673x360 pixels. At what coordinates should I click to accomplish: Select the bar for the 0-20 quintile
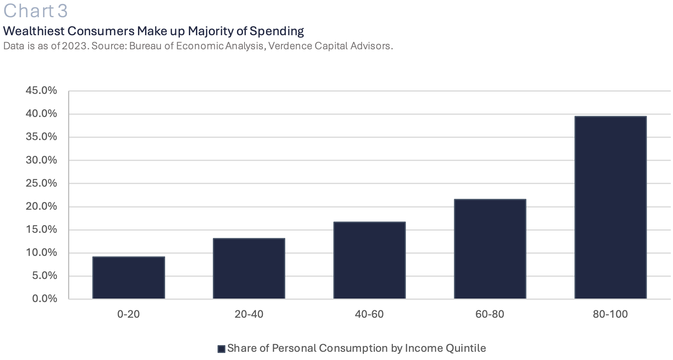(x=128, y=278)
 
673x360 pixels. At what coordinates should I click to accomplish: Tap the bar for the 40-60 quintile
(x=369, y=260)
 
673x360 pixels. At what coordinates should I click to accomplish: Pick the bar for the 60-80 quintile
(x=490, y=249)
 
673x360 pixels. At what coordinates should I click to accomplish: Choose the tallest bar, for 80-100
(x=610, y=207)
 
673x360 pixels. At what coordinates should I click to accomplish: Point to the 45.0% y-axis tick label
(x=41, y=90)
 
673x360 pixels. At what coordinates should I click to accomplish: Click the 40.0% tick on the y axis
(x=41, y=113)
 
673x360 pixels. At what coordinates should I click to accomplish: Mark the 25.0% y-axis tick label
(x=41, y=183)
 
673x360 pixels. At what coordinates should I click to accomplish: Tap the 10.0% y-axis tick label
(x=41, y=252)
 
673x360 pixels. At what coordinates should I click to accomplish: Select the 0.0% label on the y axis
(x=45, y=299)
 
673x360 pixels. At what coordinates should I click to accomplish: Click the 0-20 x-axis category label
(x=128, y=314)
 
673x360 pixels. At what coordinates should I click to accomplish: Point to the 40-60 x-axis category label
(x=369, y=314)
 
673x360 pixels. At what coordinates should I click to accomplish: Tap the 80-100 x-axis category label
(x=610, y=314)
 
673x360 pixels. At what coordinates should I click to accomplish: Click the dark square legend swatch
(x=221, y=349)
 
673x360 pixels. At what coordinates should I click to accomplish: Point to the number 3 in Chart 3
(x=63, y=11)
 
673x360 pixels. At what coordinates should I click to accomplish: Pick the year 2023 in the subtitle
(x=75, y=46)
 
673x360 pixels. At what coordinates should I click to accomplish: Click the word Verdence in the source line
(x=287, y=46)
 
